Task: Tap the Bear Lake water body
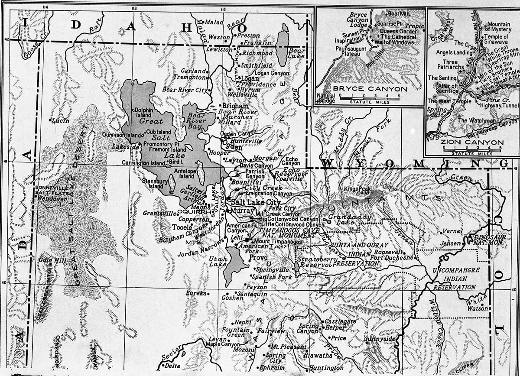(x=284, y=42)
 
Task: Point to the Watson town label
(x=477, y=309)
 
